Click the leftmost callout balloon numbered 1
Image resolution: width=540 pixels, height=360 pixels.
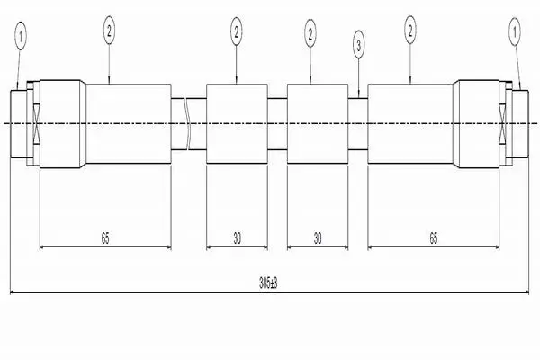[21, 36]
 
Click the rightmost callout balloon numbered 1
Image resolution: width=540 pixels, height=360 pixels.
[515, 32]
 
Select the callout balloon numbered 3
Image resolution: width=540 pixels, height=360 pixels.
[359, 45]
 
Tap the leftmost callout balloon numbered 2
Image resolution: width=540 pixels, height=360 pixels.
[109, 31]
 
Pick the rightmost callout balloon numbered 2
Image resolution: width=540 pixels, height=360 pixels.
[409, 30]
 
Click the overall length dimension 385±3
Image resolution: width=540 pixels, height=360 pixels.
[268, 283]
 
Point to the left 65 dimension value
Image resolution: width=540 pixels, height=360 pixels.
[105, 238]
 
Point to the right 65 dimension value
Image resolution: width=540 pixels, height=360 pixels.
[434, 238]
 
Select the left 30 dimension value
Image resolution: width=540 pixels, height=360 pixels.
[238, 238]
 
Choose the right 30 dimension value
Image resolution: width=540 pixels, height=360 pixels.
[318, 238]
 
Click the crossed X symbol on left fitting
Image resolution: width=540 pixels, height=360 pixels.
[37, 123]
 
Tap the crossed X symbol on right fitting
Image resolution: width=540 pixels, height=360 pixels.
[503, 123]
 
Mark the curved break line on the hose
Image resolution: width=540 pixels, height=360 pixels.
[188, 123]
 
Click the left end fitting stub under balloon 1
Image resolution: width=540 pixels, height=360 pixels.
[19, 124]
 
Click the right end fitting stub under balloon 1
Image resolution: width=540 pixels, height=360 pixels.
[520, 124]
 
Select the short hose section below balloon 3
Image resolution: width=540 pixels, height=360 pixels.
[358, 124]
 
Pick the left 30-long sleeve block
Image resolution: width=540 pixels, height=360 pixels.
[237, 124]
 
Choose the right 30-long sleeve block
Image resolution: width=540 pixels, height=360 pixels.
[318, 124]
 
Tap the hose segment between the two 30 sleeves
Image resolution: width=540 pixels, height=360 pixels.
[277, 124]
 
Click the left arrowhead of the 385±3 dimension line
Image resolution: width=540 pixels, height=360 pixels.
[13, 292]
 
